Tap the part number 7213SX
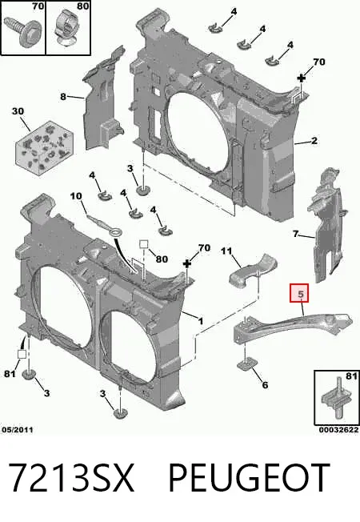tap(71, 478)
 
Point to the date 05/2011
tap(18, 430)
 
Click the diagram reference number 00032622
tap(338, 430)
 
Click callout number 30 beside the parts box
tap(18, 110)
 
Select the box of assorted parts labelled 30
tap(45, 147)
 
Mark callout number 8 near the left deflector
tap(63, 97)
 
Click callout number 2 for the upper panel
tap(314, 141)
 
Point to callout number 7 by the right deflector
tap(295, 234)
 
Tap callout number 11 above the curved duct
tap(226, 251)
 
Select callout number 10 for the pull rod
tap(76, 195)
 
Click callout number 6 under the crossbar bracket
tap(265, 385)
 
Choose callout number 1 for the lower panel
tap(200, 321)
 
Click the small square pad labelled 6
tap(246, 365)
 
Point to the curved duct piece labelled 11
tap(254, 271)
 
